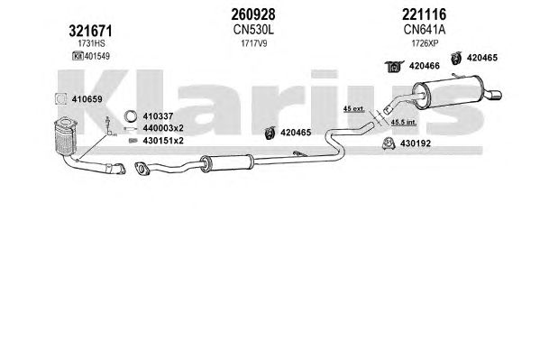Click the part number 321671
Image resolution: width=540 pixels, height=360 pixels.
click(90, 31)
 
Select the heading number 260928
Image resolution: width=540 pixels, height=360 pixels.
click(253, 14)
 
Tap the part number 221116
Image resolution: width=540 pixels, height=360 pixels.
click(424, 14)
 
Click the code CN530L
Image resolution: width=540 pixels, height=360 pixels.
click(253, 30)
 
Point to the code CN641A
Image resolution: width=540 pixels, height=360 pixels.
click(425, 30)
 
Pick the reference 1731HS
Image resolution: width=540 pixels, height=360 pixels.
click(91, 43)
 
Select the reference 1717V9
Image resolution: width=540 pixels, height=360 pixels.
click(254, 43)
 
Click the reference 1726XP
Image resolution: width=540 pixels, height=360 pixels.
click(425, 43)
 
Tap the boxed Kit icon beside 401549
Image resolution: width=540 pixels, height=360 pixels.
click(78, 56)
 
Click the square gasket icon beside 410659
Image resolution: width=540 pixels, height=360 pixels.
click(61, 99)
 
